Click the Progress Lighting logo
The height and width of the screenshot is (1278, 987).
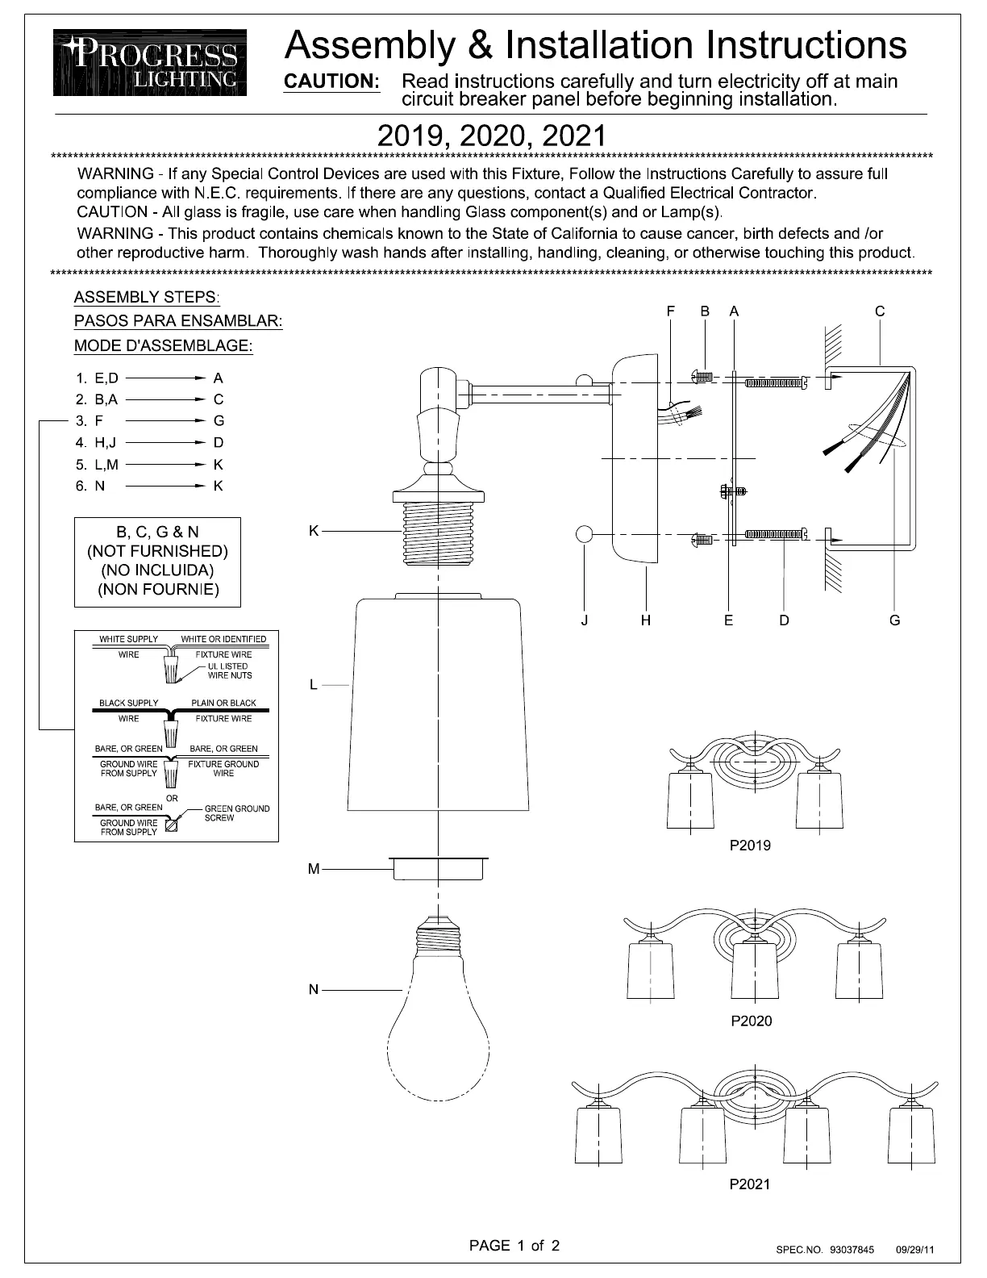(151, 63)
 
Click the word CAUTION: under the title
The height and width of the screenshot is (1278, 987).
(331, 81)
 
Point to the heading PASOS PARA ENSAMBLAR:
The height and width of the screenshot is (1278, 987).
(178, 321)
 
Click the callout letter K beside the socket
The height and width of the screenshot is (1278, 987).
(314, 530)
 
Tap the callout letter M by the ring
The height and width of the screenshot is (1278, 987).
(314, 869)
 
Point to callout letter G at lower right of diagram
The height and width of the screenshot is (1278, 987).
(894, 620)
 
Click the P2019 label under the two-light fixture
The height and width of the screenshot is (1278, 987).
(750, 846)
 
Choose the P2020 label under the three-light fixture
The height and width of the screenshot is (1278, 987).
(751, 1021)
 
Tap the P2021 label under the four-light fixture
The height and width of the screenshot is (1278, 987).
(750, 1184)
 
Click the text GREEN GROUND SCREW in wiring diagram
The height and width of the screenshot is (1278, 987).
(236, 813)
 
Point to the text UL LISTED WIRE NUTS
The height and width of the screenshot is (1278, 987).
(229, 670)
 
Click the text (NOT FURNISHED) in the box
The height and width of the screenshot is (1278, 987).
(157, 551)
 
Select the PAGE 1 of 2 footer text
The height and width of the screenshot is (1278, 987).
(514, 1246)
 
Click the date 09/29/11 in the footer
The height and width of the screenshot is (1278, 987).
(915, 1250)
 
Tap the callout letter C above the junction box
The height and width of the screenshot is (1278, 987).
(880, 311)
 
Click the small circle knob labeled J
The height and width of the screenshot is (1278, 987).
(585, 534)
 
